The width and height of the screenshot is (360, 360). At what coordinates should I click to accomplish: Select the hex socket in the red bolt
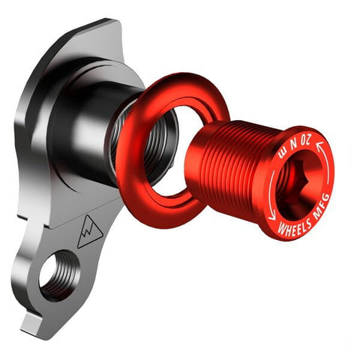click(x=296, y=181)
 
